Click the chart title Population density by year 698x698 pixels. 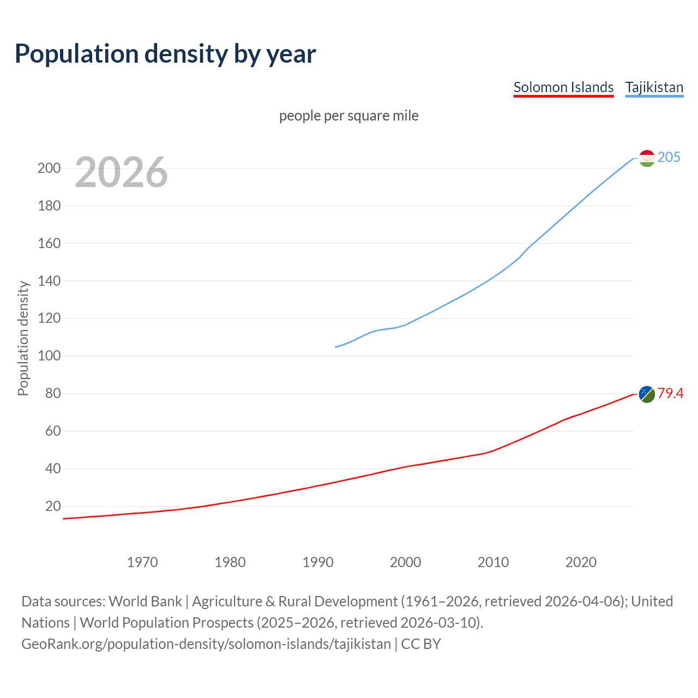[x=165, y=54]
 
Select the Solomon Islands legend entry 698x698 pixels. [x=563, y=87]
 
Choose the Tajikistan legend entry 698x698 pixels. [x=654, y=87]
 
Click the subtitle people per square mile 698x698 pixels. [x=348, y=116]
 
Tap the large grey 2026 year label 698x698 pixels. [x=121, y=172]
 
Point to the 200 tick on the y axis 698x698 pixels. [x=49, y=168]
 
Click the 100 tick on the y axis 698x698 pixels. [x=49, y=356]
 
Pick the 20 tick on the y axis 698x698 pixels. [x=53, y=506]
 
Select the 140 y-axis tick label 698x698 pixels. [x=49, y=281]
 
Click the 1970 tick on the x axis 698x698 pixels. [x=142, y=562]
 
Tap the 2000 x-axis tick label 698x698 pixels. [x=405, y=562]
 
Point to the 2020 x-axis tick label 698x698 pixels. [x=581, y=562]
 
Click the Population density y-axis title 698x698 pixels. [x=23, y=338]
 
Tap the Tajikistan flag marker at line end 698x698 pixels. [x=646, y=158]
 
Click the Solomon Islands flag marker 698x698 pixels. [x=646, y=394]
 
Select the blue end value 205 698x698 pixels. [x=669, y=157]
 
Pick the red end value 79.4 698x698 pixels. [x=670, y=393]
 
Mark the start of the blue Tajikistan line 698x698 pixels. [x=335, y=347]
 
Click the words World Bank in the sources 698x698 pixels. [x=145, y=601]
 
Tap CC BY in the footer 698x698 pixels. [x=420, y=644]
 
